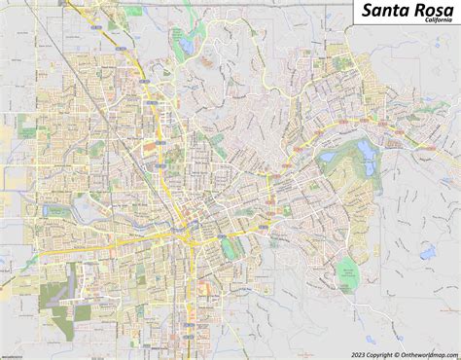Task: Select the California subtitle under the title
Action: [432, 31]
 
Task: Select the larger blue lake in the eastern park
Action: [368, 149]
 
